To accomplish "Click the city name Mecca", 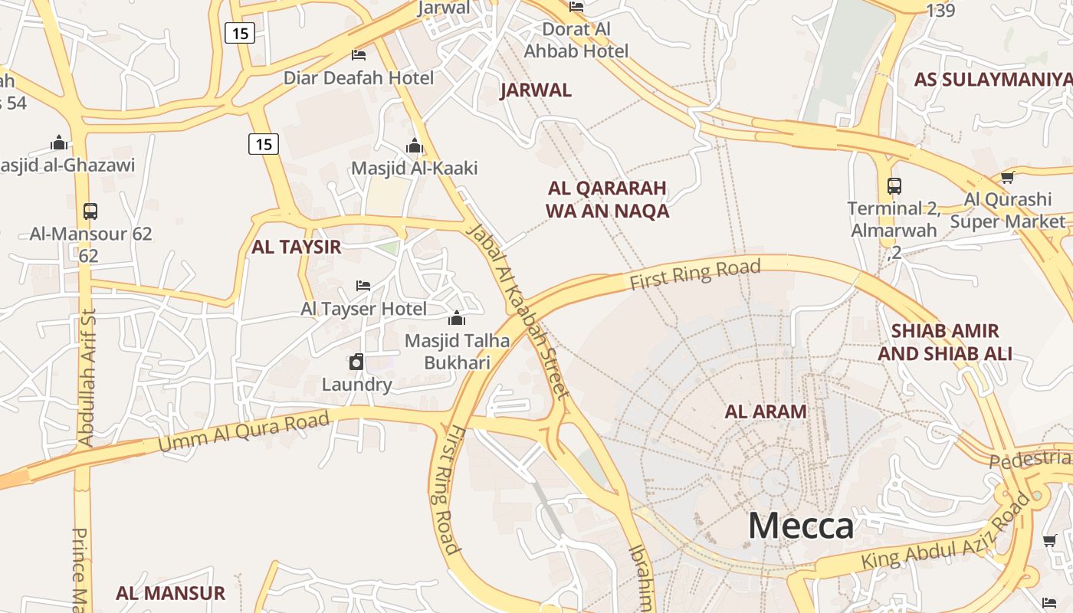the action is click(x=800, y=526).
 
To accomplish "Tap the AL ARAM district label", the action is click(x=766, y=411).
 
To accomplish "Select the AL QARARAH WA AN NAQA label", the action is click(x=607, y=199).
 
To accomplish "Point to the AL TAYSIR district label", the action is click(x=296, y=247).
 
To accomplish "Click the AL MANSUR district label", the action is click(x=170, y=593).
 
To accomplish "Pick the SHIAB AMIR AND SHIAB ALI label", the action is click(x=945, y=342).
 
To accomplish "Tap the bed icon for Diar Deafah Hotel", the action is click(x=358, y=55).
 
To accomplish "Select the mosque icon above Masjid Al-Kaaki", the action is click(x=415, y=146).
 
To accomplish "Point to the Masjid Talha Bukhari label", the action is click(x=457, y=351).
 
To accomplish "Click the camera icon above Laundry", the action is click(x=356, y=362).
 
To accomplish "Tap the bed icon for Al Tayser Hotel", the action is click(x=363, y=286).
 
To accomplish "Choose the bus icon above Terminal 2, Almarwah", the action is click(x=894, y=185).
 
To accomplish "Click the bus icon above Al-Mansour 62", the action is click(x=90, y=211).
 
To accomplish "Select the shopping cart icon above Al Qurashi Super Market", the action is click(x=1007, y=178).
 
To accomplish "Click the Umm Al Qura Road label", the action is click(x=244, y=432).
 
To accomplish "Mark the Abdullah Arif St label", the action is click(x=86, y=377).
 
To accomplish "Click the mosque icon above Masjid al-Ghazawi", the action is click(x=59, y=143).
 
